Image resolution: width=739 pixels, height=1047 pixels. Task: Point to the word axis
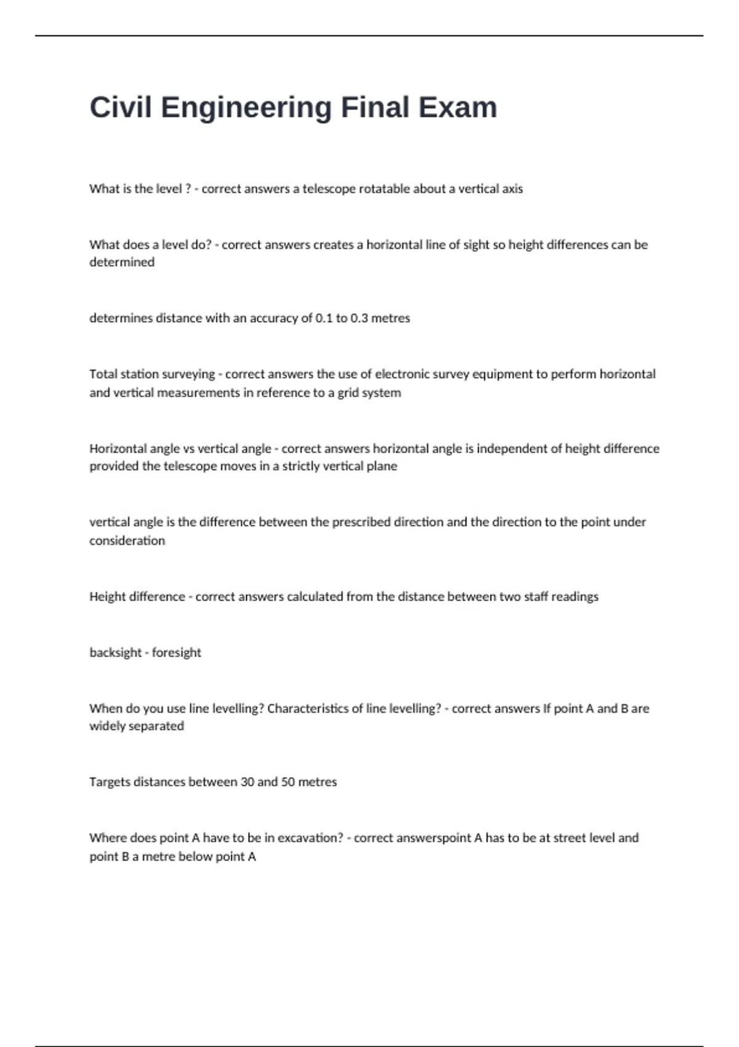(x=511, y=189)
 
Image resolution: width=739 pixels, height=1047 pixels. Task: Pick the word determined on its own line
(x=122, y=262)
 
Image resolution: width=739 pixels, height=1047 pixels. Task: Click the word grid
(x=348, y=393)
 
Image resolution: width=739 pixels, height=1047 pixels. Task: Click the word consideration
(x=127, y=541)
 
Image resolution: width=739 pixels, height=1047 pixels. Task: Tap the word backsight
(x=115, y=653)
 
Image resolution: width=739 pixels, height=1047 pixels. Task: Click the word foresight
(x=176, y=653)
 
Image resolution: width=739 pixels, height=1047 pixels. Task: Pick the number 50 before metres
(x=288, y=782)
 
